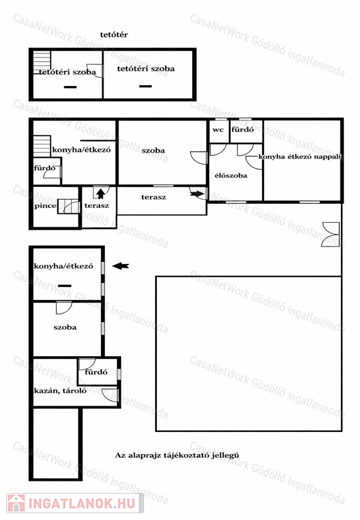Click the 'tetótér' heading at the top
coord(114,35)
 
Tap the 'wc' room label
coord(218,130)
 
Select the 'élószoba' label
coord(231,175)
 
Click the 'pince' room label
coord(45,206)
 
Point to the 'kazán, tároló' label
coord(60,391)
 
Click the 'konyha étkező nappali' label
coord(300,156)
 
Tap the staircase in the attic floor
coord(42,62)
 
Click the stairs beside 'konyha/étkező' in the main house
coord(42,146)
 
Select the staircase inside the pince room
coord(68,207)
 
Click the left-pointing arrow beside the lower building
coord(120,265)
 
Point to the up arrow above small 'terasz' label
coord(101,194)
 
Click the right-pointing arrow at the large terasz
coord(197,194)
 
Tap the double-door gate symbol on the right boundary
coord(330,234)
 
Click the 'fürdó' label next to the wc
coord(243,129)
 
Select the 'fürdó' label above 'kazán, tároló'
coord(96,372)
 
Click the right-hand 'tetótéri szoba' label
coord(146,68)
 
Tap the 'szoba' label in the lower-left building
coord(65,327)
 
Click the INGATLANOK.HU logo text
coord(82,503)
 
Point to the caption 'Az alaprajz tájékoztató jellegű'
coord(177,455)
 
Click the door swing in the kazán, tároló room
coord(110,394)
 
